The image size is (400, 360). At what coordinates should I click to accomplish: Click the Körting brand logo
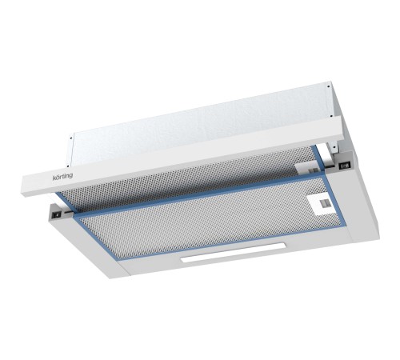62,176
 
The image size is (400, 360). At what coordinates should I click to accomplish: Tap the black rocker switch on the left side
57,215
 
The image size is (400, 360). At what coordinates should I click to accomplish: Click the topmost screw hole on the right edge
328,86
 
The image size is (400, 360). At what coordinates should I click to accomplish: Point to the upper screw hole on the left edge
71,138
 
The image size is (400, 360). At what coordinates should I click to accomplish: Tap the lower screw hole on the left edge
68,166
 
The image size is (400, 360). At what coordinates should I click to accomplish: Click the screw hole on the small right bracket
333,146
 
